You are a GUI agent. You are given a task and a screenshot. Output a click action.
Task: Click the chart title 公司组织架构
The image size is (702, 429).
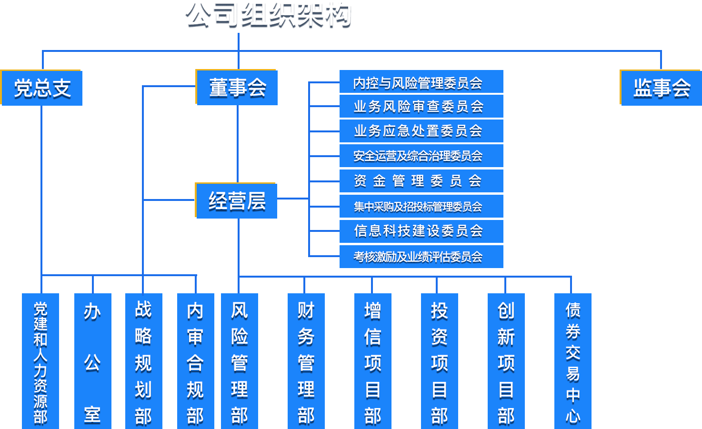[268, 14]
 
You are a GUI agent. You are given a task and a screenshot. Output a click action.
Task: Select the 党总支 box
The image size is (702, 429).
[42, 88]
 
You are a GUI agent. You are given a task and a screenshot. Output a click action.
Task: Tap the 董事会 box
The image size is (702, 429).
[237, 88]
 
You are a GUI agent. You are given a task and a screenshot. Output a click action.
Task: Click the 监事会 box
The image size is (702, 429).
[661, 88]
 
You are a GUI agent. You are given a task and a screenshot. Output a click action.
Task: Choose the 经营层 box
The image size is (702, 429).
[237, 200]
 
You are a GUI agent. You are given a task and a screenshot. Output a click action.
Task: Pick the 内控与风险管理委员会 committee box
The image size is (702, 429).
[421, 82]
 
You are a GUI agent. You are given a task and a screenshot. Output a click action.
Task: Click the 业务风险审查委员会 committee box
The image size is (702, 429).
[421, 106]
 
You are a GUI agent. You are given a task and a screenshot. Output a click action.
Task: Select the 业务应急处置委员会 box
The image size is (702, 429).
[421, 131]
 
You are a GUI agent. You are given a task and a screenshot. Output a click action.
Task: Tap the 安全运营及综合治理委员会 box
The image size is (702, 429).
[421, 156]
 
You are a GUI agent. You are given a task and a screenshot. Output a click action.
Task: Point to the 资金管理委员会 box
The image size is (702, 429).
[421, 181]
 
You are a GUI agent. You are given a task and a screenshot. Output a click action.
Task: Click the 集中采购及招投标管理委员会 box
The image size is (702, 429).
[421, 206]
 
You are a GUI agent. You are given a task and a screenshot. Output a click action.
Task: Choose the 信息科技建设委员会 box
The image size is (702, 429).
[421, 231]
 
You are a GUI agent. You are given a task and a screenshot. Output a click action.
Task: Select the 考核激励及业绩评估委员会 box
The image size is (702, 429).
[421, 257]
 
